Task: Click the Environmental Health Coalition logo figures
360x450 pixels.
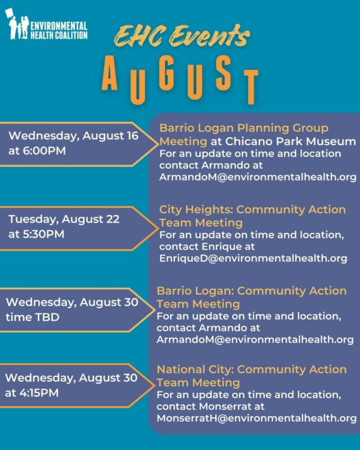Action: pyautogui.click(x=17, y=25)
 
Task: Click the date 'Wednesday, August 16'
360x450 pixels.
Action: pyautogui.click(x=73, y=136)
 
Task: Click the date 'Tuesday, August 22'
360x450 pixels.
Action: pyautogui.click(x=64, y=219)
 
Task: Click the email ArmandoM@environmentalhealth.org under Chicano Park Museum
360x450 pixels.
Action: pyautogui.click(x=258, y=178)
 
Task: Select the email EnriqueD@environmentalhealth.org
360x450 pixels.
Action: pyautogui.click(x=253, y=258)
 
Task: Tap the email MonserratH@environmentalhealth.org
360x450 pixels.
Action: pyautogui.click(x=256, y=418)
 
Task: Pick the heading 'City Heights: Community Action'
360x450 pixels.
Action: pyautogui.click(x=253, y=209)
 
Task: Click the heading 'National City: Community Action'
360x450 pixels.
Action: pyautogui.click(x=251, y=369)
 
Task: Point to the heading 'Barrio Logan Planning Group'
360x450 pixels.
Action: pyautogui.click(x=244, y=128)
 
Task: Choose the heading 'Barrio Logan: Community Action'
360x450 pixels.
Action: pyautogui.click(x=251, y=291)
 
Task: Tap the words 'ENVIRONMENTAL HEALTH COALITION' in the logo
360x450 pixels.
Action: pyautogui.click(x=59, y=30)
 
